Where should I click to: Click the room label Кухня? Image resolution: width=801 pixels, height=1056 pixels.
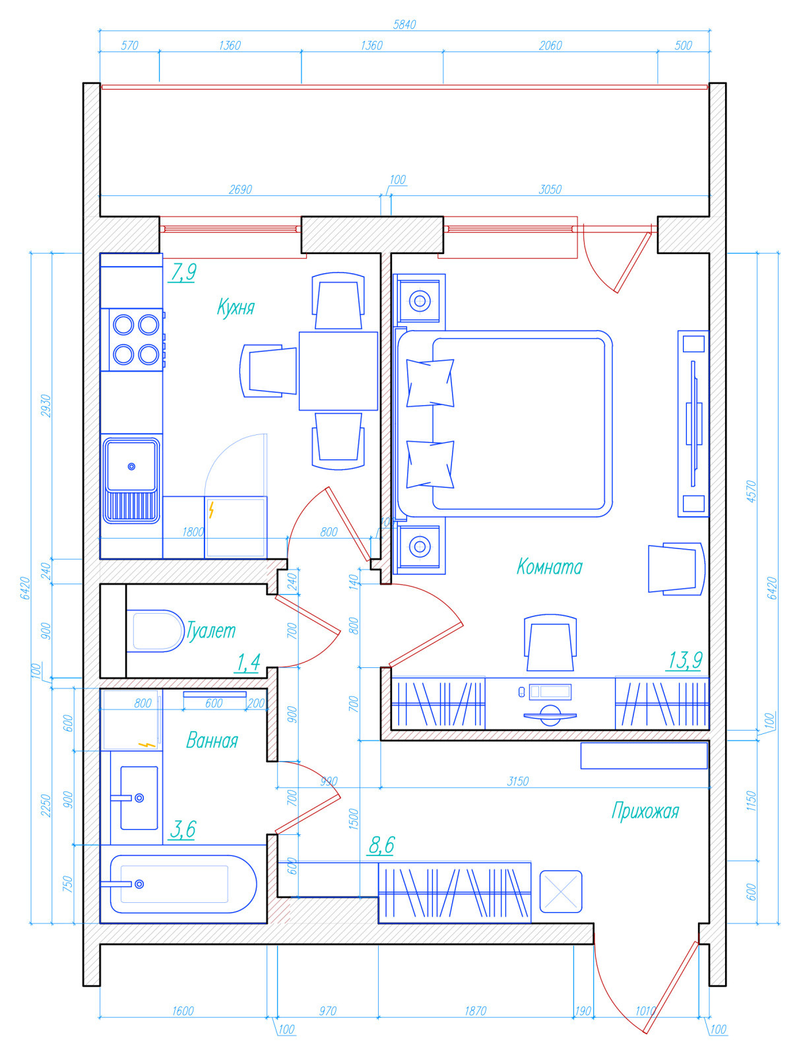coord(236,308)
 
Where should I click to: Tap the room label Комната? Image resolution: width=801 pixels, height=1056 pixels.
coord(549,567)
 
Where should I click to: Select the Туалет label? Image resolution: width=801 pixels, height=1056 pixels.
coord(210,630)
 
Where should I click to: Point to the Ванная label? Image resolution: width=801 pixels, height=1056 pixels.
coord(212,741)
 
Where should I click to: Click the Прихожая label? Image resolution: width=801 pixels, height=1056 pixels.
coord(645,811)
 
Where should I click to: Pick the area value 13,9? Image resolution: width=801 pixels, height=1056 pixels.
coord(685,660)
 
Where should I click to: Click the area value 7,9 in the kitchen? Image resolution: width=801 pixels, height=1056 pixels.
coord(183,273)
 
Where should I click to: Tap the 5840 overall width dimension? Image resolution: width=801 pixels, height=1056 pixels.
coord(404,24)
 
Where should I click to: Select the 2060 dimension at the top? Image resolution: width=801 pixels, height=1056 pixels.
coord(550,46)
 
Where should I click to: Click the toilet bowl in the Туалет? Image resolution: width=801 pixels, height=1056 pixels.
coord(156,631)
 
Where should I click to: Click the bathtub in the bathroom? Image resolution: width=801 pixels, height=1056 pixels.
coord(183,884)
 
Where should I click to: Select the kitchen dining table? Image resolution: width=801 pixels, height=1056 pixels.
coord(338,371)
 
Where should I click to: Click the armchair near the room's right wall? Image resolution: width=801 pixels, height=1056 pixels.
coord(676,569)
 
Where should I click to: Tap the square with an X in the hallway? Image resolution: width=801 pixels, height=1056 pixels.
coord(561,892)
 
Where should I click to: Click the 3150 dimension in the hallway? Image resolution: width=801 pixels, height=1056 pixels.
coord(517,781)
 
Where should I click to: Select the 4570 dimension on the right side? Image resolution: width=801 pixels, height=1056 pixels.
coord(751,491)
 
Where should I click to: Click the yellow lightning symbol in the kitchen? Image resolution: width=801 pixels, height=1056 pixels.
coord(210,510)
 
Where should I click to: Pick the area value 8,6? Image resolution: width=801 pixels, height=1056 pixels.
coord(382,845)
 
